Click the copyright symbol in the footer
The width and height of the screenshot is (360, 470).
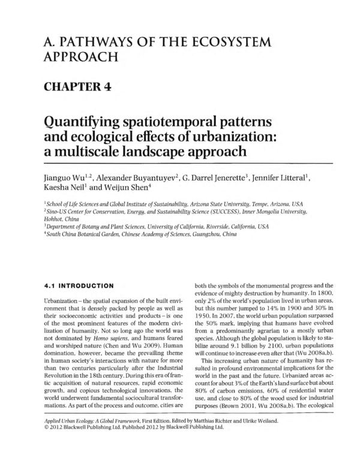point(48,454)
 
